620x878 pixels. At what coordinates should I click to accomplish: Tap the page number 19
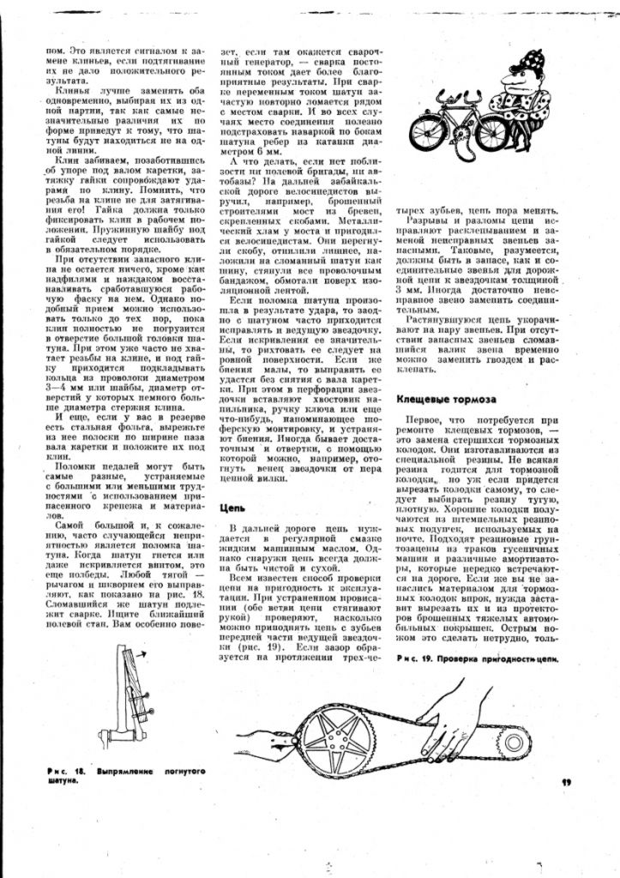[566, 781]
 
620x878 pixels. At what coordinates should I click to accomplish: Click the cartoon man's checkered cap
[519, 60]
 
